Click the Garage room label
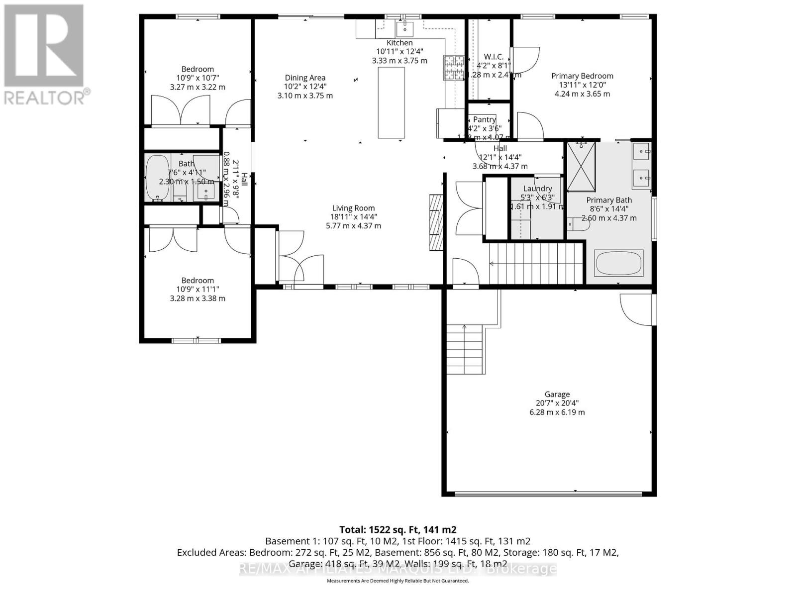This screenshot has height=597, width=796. click(557, 394)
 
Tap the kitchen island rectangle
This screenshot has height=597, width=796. click(391, 102)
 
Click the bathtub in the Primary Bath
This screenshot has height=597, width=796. click(619, 263)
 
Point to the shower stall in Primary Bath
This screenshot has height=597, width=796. click(581, 166)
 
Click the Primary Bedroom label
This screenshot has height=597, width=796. click(582, 76)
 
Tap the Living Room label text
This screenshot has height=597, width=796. click(353, 208)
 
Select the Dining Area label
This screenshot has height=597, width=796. click(305, 78)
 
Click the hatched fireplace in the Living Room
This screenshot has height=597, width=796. click(436, 222)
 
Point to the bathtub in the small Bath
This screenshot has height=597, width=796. click(158, 178)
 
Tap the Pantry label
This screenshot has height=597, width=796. click(484, 119)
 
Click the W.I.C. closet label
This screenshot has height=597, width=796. click(494, 57)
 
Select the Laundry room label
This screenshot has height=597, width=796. click(537, 189)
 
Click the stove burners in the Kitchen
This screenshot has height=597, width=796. click(453, 68)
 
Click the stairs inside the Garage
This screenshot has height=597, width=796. click(465, 349)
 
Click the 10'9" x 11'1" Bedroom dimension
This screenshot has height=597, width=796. click(198, 290)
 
